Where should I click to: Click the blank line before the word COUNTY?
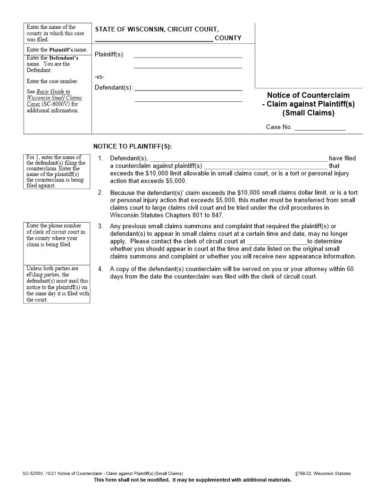[x=154, y=41]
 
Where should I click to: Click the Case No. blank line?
[x=320, y=129]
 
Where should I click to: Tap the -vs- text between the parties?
[x=99, y=77]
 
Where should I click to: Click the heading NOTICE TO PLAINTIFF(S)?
[x=132, y=147]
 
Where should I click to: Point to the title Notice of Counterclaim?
[x=308, y=95]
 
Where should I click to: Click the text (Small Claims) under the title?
[x=308, y=113]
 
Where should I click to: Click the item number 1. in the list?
[x=100, y=158]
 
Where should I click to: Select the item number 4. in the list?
[x=100, y=269]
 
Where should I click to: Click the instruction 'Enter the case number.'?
[x=52, y=81]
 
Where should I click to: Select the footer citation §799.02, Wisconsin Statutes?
[x=322, y=473]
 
